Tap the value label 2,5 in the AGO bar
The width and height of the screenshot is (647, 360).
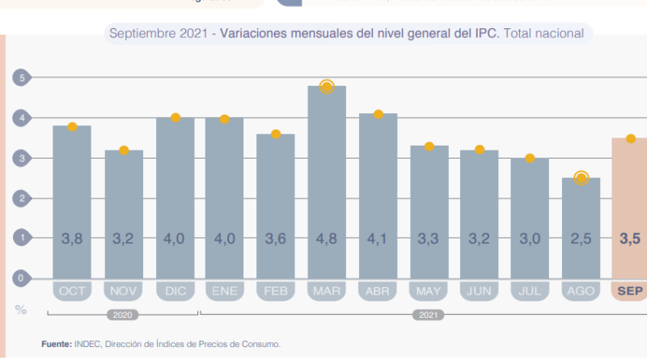[x=581, y=239]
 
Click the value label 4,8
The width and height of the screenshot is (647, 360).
[x=327, y=239]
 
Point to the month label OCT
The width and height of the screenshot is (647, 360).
[x=72, y=290]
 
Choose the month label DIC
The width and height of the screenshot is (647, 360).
[x=175, y=290]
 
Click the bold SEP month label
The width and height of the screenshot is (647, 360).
[x=629, y=290]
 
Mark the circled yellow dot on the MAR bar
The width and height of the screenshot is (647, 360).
[x=327, y=87]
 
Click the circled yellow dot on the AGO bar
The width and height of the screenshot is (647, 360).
[x=581, y=178]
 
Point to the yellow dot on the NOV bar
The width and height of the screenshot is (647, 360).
[x=124, y=150]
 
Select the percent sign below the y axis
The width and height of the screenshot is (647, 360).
[x=20, y=309]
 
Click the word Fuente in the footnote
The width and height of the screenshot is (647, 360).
[x=57, y=344]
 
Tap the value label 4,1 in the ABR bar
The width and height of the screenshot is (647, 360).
[x=378, y=239]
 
